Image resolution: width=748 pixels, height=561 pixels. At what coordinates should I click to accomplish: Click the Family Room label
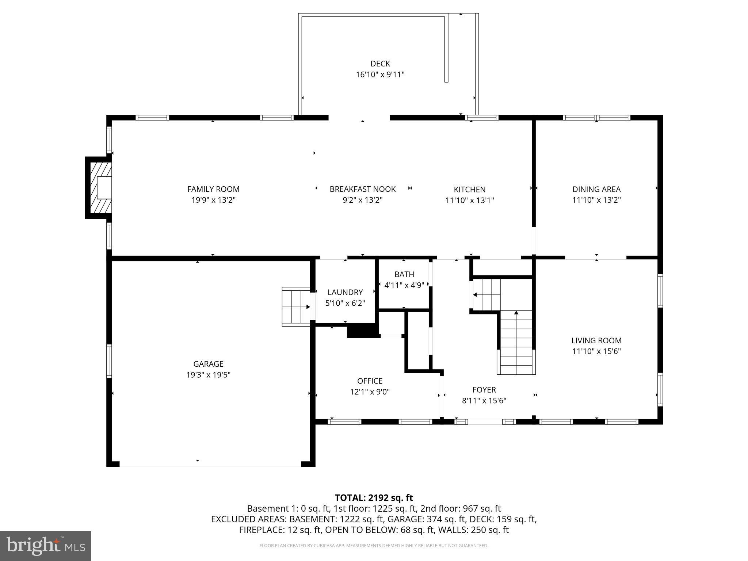pos(213,189)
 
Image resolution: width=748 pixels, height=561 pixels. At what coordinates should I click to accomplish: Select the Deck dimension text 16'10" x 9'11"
pos(380,75)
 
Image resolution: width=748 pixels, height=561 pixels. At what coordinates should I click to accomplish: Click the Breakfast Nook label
pos(362,189)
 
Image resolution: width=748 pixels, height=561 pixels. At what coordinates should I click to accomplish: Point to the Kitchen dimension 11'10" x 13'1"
pos(469,200)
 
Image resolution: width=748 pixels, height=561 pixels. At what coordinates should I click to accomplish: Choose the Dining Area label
pos(596,189)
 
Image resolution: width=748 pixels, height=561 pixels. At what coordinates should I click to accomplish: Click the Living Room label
pos(596,340)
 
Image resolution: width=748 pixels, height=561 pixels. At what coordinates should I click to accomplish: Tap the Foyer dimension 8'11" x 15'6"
pos(484,401)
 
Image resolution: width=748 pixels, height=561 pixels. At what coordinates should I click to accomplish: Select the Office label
pos(370,381)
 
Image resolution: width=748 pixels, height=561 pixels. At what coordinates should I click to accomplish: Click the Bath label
pos(404,274)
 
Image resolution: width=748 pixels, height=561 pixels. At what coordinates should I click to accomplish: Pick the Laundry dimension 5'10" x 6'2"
pos(345,303)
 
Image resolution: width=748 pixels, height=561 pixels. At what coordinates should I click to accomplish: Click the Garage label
pos(208,364)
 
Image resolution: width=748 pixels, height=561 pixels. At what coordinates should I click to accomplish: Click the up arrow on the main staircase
pos(516,313)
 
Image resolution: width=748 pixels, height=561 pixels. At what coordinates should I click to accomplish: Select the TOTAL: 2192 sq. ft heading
pos(374,498)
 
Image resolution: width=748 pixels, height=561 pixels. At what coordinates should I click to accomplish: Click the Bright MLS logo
pos(46,546)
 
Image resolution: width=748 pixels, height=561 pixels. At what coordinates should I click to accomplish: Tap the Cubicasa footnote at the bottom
pos(374,546)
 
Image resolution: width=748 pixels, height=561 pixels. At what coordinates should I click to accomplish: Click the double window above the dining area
pos(596,118)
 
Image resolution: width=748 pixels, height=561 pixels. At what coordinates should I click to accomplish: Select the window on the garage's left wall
pos(109,361)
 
